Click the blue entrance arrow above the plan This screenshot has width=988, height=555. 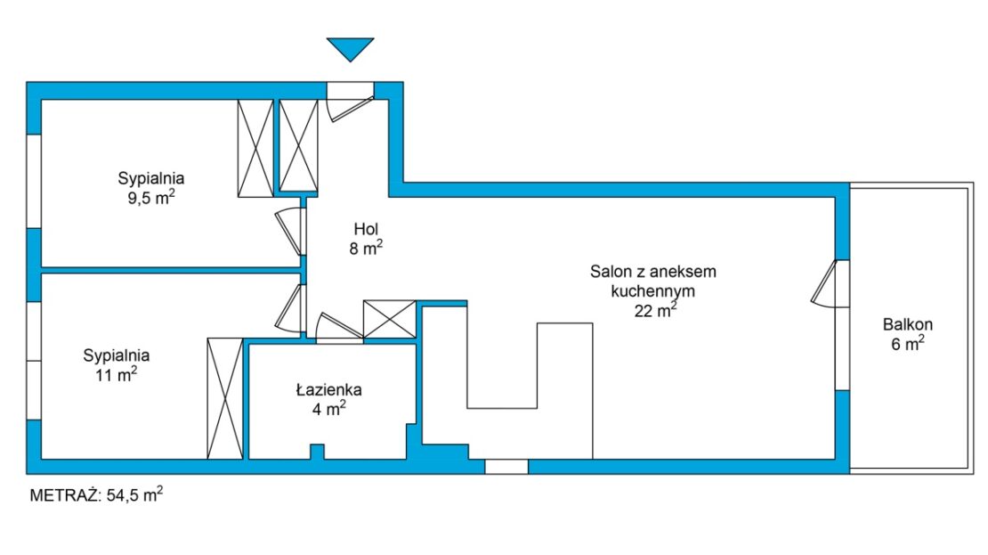pos(351,49)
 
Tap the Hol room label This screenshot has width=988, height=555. pos(366,228)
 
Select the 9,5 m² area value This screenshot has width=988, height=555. pos(151,198)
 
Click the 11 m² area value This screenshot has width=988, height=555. pos(117,375)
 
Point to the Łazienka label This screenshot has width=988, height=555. pos(329,390)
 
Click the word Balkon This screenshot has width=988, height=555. pos(907,325)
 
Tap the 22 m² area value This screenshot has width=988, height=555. pos(656,310)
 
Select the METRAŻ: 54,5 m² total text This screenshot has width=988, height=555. pos(96,494)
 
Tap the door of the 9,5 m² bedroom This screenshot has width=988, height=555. pos(290,232)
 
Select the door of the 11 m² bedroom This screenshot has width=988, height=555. pos(290,308)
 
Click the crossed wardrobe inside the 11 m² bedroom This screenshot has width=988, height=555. pos(225,398)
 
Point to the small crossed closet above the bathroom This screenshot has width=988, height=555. pos(389,319)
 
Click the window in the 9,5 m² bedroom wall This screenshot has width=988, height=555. pos(34,181)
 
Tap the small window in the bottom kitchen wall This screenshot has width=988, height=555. pos(506,467)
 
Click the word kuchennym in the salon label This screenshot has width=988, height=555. pos(652,291)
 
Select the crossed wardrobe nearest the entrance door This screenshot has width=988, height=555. pos(298,146)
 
